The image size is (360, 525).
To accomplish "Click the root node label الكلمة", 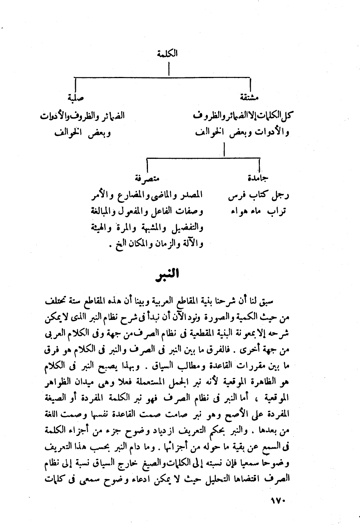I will point(168,54).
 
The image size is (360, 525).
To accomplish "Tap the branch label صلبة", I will point(75,98).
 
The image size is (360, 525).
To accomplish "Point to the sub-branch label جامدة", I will point(258,177).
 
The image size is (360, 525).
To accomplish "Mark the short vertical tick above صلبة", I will point(75,84).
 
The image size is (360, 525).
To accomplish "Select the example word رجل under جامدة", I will point(281,196).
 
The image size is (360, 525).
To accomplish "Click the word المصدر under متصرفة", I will point(191,196).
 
